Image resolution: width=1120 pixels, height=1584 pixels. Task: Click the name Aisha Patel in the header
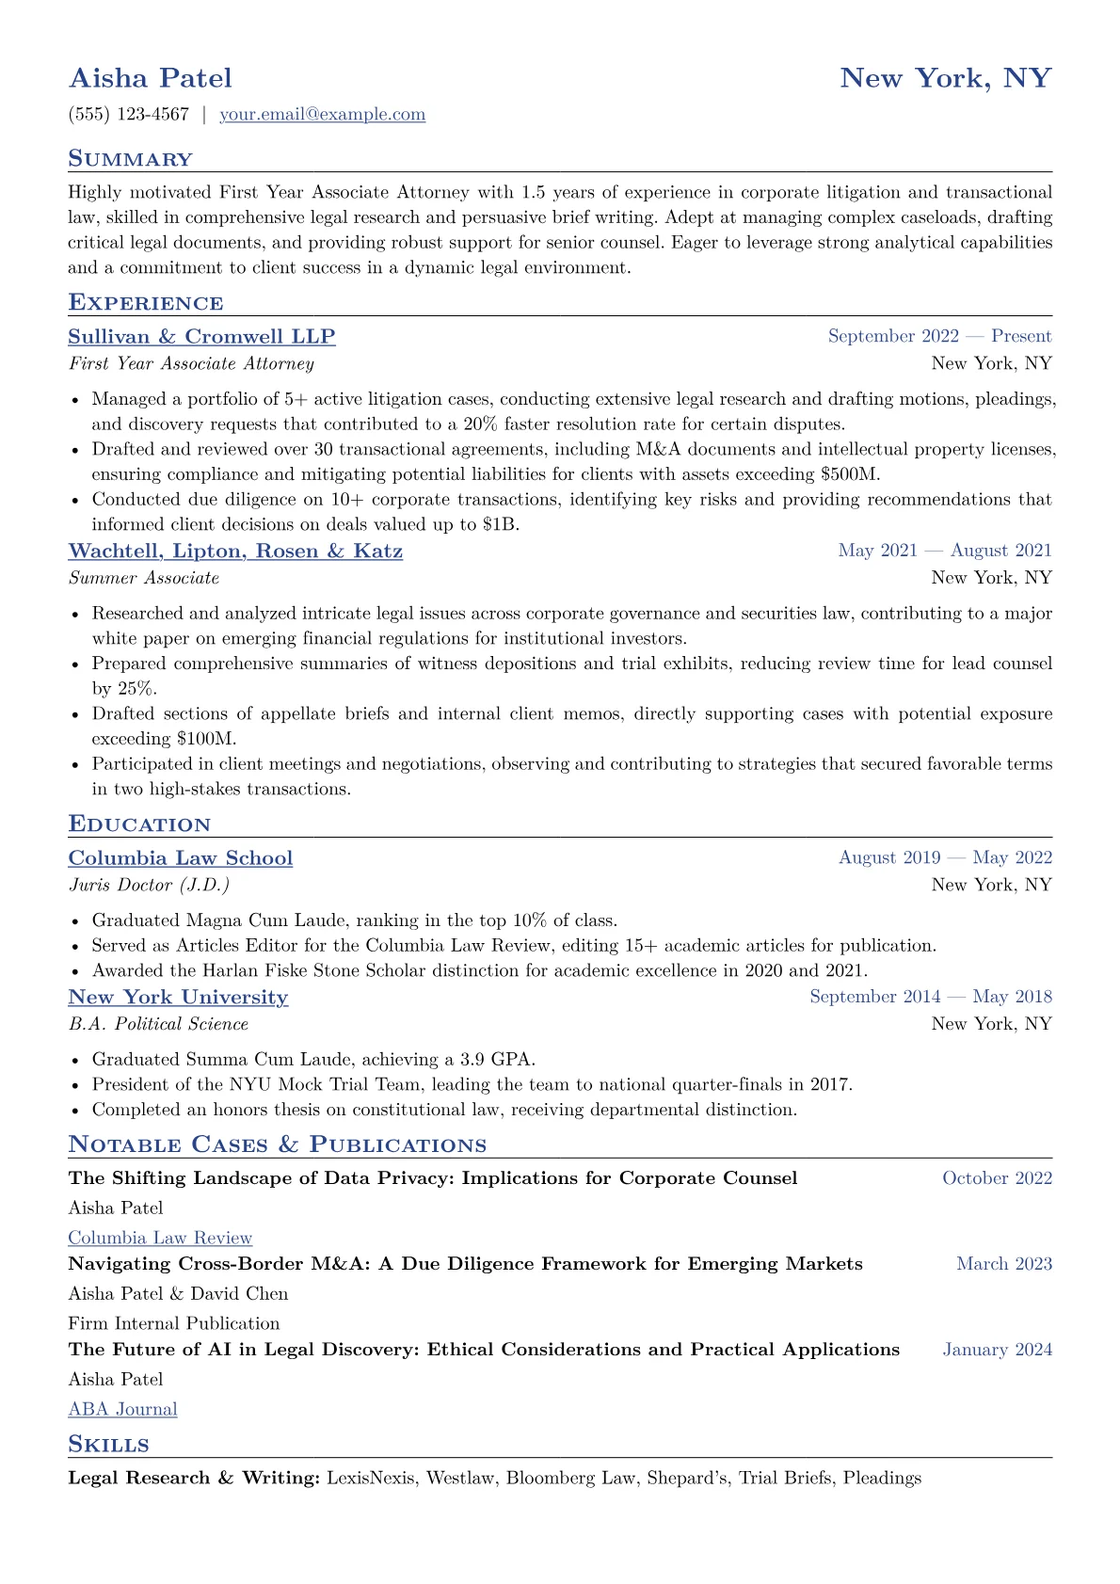pyautogui.click(x=150, y=78)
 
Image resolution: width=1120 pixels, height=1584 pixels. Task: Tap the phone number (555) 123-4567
pyautogui.click(x=129, y=115)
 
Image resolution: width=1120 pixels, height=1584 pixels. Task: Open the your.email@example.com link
pyautogui.click(x=322, y=115)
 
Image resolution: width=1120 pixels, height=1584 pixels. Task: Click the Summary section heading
pyautogui.click(x=130, y=159)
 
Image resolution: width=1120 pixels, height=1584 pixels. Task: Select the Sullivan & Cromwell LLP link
pyautogui.click(x=201, y=337)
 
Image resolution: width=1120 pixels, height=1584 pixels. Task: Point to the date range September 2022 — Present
pyautogui.click(x=939, y=336)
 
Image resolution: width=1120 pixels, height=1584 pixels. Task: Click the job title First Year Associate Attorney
pyautogui.click(x=191, y=363)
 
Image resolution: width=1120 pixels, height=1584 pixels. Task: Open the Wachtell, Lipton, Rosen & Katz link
pyautogui.click(x=235, y=552)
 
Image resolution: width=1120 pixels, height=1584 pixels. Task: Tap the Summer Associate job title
pyautogui.click(x=144, y=578)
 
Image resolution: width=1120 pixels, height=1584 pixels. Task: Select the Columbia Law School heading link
pyautogui.click(x=181, y=858)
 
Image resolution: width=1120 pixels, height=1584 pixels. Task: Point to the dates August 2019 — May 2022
pyautogui.click(x=945, y=857)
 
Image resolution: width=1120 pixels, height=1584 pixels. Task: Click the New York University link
pyautogui.click(x=178, y=998)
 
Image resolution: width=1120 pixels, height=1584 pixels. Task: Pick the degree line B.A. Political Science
pyautogui.click(x=158, y=1024)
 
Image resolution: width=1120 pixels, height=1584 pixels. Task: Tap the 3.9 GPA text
pyautogui.click(x=500, y=1059)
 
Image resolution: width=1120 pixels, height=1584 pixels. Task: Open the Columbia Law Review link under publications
pyautogui.click(x=160, y=1239)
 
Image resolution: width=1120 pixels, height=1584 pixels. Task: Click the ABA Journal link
pyautogui.click(x=122, y=1410)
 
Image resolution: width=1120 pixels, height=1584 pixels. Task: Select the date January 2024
pyautogui.click(x=997, y=1350)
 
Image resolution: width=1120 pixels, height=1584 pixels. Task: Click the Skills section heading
pyautogui.click(x=108, y=1445)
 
